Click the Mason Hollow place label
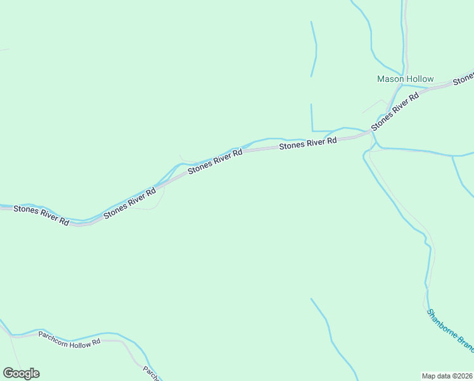[406, 79]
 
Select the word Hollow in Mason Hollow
[420, 79]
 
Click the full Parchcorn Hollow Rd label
[70, 338]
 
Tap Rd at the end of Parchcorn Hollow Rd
[97, 342]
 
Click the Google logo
[21, 373]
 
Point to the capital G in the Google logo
[8, 373]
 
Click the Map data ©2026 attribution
[447, 375]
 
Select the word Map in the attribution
[430, 375]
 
